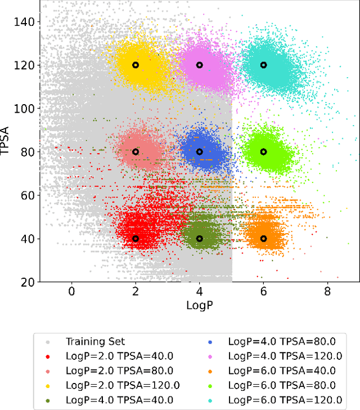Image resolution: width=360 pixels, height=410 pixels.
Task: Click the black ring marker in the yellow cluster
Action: (135, 65)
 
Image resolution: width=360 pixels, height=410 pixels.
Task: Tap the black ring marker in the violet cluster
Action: (199, 65)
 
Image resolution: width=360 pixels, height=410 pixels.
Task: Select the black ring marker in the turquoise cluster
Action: (263, 65)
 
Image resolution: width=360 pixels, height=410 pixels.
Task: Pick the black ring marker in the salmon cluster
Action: (135, 151)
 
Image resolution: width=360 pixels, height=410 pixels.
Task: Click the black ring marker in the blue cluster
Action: (199, 151)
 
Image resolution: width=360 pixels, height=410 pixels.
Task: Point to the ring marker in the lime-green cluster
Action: (263, 151)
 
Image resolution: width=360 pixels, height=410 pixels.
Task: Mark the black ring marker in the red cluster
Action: (135, 238)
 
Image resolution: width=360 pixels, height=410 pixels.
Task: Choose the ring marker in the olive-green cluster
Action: (199, 238)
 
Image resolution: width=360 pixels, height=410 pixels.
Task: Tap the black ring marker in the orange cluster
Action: (263, 238)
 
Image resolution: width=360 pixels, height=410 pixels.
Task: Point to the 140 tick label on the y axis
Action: (24, 22)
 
